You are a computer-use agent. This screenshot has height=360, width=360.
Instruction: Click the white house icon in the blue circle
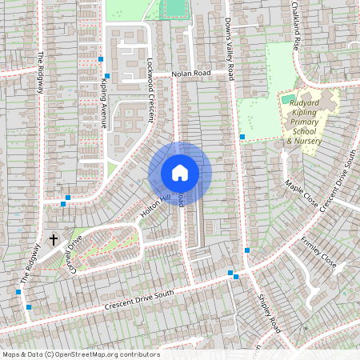click(180, 172)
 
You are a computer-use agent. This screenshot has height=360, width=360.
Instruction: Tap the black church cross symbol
click(54, 239)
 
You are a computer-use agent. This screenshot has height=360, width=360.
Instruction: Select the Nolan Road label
click(192, 73)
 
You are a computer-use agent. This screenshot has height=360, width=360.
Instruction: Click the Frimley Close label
click(318, 250)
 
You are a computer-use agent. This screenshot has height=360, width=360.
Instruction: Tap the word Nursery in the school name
click(309, 142)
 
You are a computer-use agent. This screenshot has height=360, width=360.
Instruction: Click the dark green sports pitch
click(172, 8)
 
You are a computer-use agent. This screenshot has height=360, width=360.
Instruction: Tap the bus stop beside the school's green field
click(242, 137)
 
